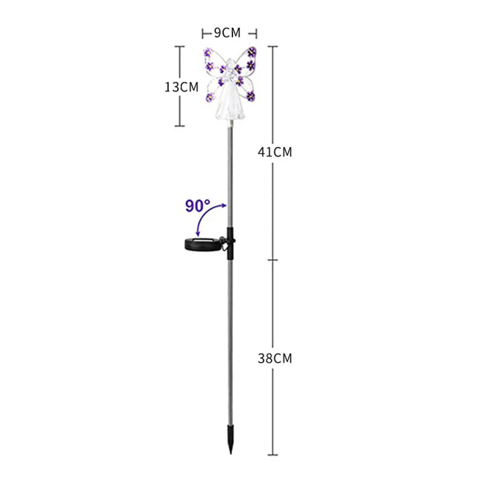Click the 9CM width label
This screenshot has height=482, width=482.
(228, 33)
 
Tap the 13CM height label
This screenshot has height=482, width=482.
(182, 87)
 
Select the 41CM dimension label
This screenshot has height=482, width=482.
(275, 152)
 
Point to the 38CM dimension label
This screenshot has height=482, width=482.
(275, 358)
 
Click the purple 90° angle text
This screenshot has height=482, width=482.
(198, 206)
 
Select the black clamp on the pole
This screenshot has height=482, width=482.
(230, 243)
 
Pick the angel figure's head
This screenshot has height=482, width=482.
(230, 63)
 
